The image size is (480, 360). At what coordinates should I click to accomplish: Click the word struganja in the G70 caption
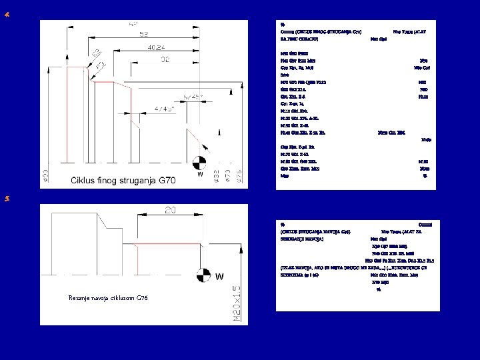(131, 181)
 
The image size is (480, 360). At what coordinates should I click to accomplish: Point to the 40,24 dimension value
(157, 47)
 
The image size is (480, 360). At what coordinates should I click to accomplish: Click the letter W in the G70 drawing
(199, 175)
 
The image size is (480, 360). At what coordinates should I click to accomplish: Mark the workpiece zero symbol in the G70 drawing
(199, 162)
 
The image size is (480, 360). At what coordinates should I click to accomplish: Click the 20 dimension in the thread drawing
(171, 211)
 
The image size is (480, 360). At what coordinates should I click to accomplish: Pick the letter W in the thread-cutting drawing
(219, 276)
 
